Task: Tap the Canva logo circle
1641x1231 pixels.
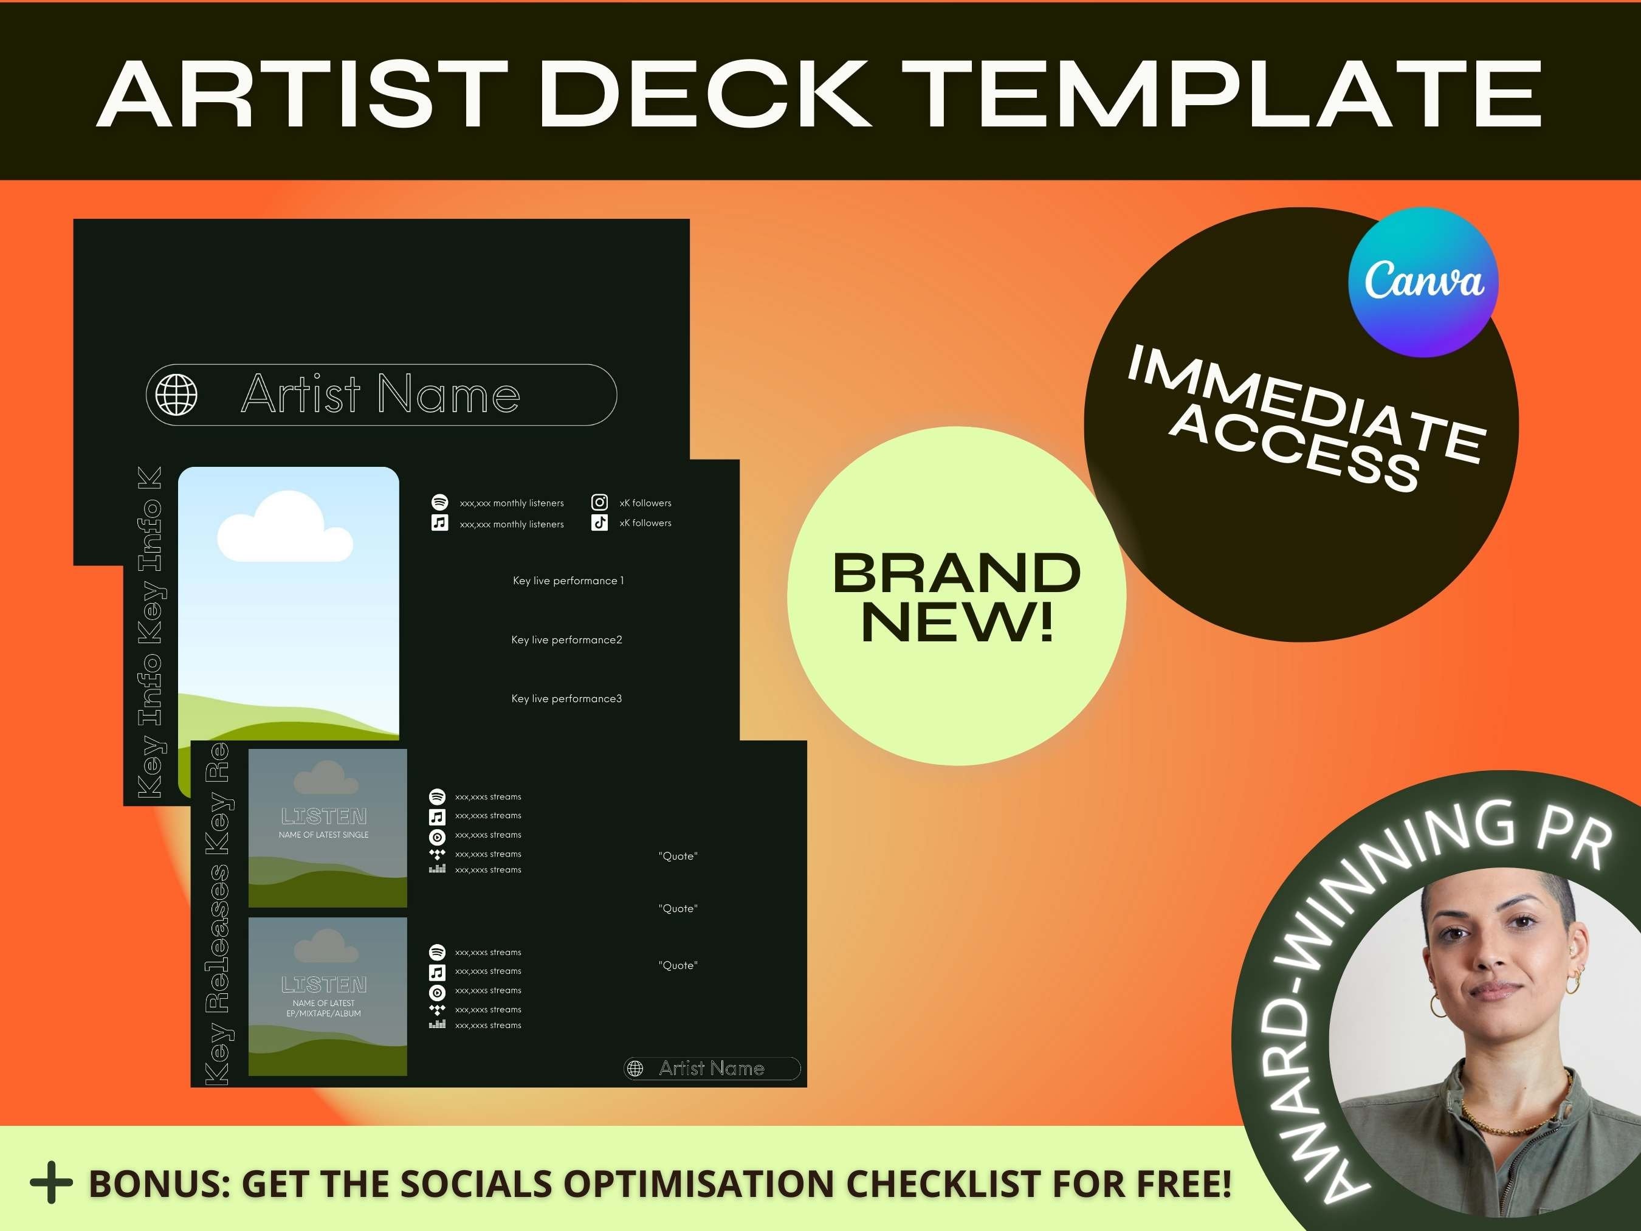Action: (x=1423, y=282)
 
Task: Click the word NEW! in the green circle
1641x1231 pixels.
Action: (x=957, y=622)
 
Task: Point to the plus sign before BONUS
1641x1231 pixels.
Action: (x=51, y=1183)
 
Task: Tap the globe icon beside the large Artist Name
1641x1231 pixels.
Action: (x=176, y=395)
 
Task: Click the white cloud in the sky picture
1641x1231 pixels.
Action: (x=284, y=528)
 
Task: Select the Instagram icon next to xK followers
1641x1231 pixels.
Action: (x=599, y=502)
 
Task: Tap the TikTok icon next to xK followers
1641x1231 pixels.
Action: (x=599, y=522)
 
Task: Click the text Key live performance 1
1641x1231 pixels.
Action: (x=568, y=581)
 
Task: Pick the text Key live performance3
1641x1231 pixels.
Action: (x=567, y=698)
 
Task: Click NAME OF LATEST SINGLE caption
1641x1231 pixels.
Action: (x=323, y=835)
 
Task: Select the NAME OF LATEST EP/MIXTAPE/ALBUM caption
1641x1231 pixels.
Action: (x=323, y=1009)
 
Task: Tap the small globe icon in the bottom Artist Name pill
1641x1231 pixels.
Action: (x=635, y=1069)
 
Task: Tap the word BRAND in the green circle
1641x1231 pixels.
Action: (x=957, y=573)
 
